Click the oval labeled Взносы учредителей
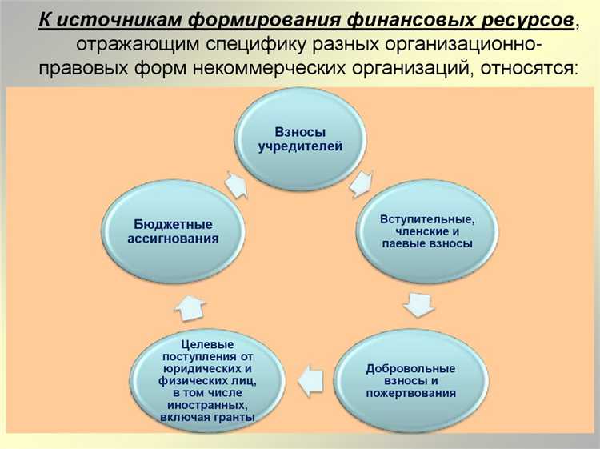300,139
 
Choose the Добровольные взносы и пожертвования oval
410,380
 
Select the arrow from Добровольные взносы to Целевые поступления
310,374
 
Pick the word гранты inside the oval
235,417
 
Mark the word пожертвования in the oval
410,393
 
